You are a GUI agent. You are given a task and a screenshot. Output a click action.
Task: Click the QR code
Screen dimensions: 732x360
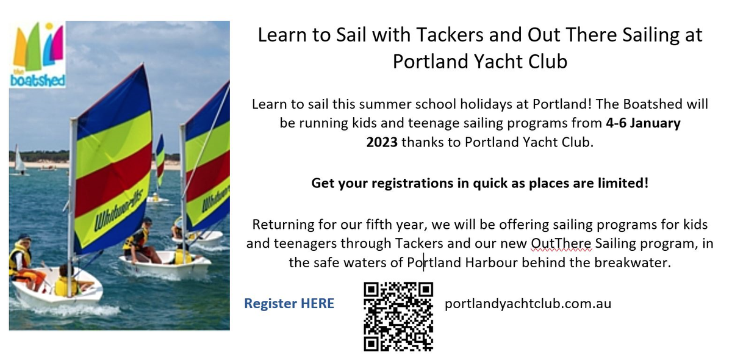398,317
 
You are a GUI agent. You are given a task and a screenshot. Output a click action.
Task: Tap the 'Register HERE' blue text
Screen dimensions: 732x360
289,303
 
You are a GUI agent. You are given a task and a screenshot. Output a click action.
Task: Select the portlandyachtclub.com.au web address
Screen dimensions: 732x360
528,304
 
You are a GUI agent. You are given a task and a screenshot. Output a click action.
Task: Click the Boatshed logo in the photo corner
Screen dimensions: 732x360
37,54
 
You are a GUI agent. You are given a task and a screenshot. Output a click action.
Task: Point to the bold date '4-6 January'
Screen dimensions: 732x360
643,123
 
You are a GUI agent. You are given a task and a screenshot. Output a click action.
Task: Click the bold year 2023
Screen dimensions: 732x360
382,143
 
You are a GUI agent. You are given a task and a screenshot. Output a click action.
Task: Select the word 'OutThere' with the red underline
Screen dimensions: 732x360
561,243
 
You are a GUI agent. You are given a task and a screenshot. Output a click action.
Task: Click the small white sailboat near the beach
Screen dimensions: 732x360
20,162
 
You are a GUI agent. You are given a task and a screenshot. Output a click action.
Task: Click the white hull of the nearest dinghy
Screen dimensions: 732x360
57,289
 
